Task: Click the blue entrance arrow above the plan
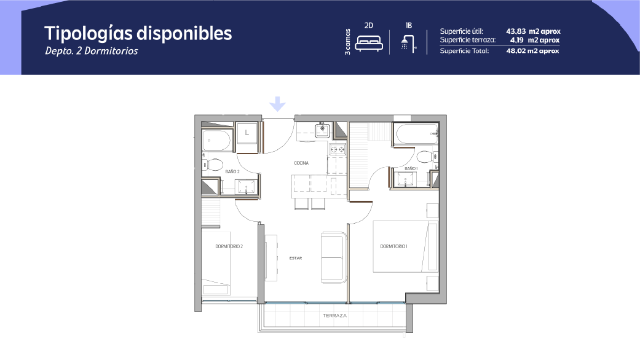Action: (x=277, y=104)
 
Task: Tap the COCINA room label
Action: (x=301, y=163)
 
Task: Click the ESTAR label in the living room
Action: (x=296, y=258)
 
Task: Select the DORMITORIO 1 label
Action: (x=393, y=246)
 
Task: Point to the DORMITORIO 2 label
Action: (x=229, y=246)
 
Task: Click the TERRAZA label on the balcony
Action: (x=334, y=316)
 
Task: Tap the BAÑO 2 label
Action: (x=232, y=171)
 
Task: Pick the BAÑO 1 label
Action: (x=411, y=168)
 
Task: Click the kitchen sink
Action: (x=322, y=130)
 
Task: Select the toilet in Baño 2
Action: (x=213, y=164)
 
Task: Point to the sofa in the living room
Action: (x=333, y=257)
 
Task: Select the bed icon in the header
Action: (x=369, y=43)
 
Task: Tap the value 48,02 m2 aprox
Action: (x=532, y=51)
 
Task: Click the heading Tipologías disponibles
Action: (x=138, y=33)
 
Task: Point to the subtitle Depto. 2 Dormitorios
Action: (x=92, y=51)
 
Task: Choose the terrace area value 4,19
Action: (x=517, y=40)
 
